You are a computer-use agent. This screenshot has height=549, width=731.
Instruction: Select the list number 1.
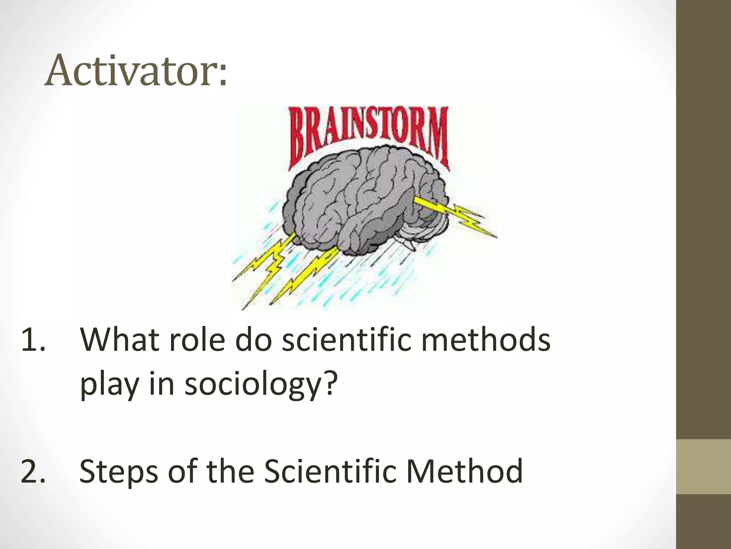pos(33,340)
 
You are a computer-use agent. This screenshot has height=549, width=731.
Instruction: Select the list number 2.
pos(33,472)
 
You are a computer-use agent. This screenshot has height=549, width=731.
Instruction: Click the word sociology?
pos(261,386)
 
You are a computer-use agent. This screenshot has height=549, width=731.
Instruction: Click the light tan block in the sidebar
pos(703,467)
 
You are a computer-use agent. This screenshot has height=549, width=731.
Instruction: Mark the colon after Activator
pos(223,75)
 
